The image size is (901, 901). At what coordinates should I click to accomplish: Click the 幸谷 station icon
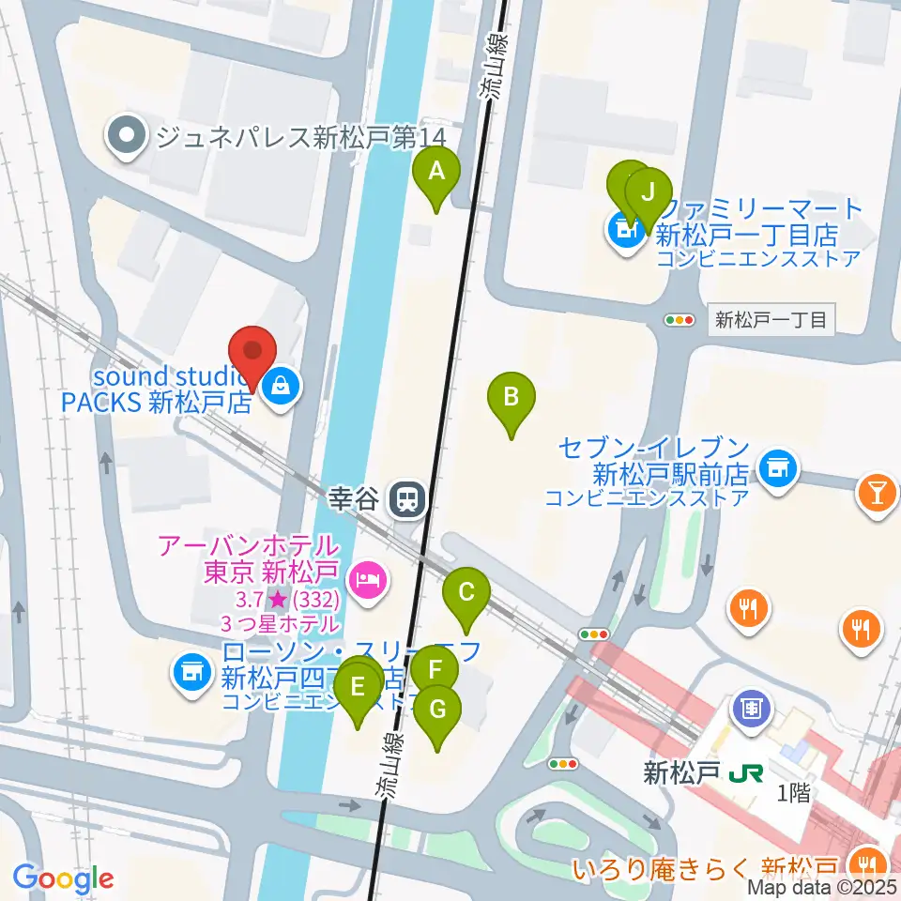click(407, 497)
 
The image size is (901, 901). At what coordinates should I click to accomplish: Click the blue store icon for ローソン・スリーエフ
click(191, 673)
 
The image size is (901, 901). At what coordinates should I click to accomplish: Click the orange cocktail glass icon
click(877, 491)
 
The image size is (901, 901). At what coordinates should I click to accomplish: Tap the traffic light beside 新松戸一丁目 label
click(680, 320)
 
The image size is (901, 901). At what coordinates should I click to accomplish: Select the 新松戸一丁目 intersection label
click(771, 320)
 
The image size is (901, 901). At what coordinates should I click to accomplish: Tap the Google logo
click(64, 878)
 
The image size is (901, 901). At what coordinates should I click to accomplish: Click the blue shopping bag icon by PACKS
click(280, 383)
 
